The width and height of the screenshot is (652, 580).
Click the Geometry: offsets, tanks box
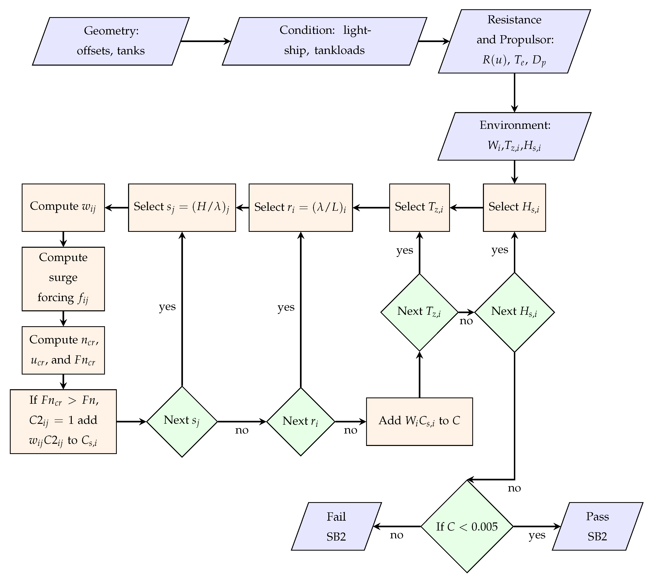pos(111,41)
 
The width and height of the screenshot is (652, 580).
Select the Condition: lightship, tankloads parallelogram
pos(324,41)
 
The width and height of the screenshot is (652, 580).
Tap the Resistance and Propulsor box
pos(514,41)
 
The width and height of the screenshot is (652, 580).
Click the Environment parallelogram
pos(514,136)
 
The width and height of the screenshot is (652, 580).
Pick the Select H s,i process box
pos(514,208)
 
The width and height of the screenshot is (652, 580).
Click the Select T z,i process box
pos(419,208)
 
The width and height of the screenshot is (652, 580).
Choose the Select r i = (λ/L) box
pos(301,208)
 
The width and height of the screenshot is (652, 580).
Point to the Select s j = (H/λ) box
pos(182,208)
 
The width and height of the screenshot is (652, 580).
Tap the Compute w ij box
pos(63,208)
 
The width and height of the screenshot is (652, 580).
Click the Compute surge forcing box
pos(63,279)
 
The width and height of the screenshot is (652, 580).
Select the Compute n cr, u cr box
pos(63,350)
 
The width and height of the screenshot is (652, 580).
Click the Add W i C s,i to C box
pos(419,422)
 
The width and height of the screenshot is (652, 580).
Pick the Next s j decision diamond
pos(182,422)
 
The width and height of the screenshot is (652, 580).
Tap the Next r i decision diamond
pos(301,422)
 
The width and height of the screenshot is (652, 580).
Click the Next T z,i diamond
pos(419,312)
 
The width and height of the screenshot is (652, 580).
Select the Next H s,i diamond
pos(514,312)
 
